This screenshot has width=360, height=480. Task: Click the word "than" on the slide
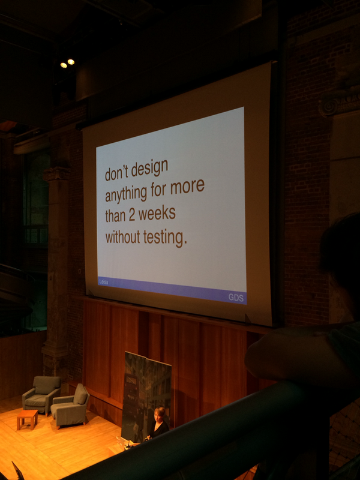click(116, 216)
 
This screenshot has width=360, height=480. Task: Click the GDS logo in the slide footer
click(236, 297)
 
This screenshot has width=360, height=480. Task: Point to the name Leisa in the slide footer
click(104, 281)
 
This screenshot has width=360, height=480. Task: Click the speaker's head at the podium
click(160, 414)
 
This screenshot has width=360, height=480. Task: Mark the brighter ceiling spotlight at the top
click(71, 61)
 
